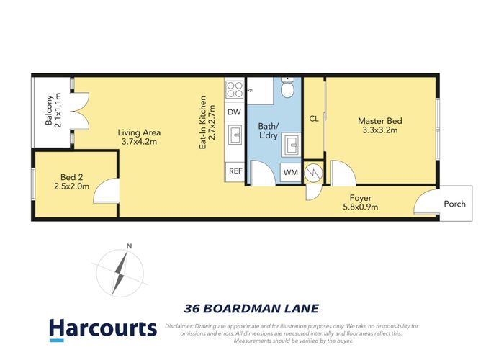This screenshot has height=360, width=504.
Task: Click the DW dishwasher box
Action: click(234, 112)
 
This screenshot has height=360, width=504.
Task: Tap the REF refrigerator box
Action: click(234, 171)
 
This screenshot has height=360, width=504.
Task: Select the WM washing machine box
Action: click(290, 172)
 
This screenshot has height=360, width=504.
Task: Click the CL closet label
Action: click(313, 119)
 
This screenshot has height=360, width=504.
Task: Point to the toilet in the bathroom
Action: click(287, 89)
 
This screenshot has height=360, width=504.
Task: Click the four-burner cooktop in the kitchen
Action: click(235, 89)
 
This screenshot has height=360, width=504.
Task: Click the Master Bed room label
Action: click(379, 125)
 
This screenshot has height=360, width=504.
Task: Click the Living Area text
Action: click(139, 137)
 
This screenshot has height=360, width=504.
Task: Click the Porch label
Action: click(454, 204)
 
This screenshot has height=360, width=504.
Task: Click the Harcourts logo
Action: click(102, 329)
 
